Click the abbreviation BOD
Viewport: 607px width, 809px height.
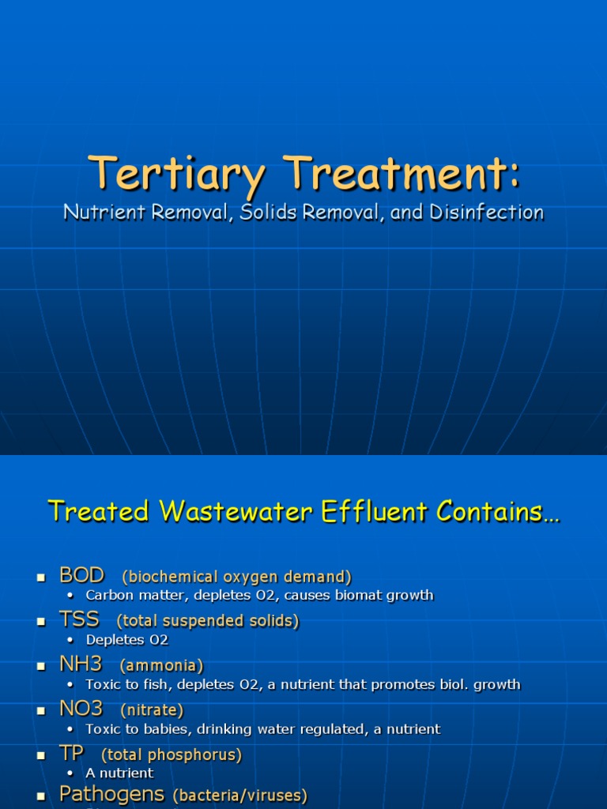[x=81, y=575]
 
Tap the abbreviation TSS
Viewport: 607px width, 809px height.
[x=79, y=620]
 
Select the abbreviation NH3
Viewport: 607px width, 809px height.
[x=81, y=664]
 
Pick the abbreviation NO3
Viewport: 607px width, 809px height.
[x=81, y=709]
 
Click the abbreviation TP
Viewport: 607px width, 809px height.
[x=72, y=754]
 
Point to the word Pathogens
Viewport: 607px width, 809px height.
[x=112, y=794]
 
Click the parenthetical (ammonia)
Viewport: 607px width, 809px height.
[x=161, y=666]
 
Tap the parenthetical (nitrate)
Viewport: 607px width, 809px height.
[x=152, y=710]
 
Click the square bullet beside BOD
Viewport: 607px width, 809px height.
[x=41, y=578]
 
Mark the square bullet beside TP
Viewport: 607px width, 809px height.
[x=41, y=756]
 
